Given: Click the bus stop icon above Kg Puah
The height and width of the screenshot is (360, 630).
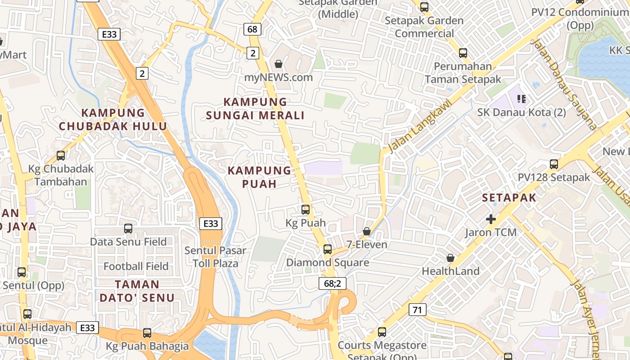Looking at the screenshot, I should click(306, 210).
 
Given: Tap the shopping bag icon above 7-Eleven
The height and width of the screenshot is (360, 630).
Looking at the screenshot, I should click(367, 231).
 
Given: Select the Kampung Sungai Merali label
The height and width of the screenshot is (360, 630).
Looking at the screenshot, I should click(255, 108).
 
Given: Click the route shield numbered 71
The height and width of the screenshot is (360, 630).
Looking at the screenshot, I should click(418, 310).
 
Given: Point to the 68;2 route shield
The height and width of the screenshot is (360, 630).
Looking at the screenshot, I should click(332, 283).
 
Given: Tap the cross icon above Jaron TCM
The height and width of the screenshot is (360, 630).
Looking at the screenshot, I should click(491, 219).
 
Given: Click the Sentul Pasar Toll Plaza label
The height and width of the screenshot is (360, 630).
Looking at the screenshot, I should click(215, 256).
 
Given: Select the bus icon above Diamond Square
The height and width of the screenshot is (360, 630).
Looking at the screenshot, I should click(328, 249).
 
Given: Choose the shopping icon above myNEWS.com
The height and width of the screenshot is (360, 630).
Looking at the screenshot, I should click(279, 64).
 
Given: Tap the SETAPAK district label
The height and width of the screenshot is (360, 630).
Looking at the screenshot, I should click(509, 198).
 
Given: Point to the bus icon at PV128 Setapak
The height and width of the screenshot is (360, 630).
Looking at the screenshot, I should click(554, 164).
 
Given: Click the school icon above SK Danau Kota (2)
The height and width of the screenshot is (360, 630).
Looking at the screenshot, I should click(522, 99).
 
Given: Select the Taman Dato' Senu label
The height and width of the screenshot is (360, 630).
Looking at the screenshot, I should click(137, 291).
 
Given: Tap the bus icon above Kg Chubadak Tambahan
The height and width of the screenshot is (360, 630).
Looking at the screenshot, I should click(61, 156).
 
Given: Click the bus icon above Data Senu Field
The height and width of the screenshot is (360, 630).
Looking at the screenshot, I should click(128, 229).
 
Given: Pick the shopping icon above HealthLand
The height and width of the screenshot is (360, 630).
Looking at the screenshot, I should click(450, 258).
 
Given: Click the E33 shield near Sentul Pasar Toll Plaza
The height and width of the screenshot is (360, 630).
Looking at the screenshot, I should click(211, 223).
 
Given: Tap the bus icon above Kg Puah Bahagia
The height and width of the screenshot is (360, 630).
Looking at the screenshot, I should click(147, 333).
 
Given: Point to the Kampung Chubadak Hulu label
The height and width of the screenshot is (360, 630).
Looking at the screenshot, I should click(113, 119).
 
